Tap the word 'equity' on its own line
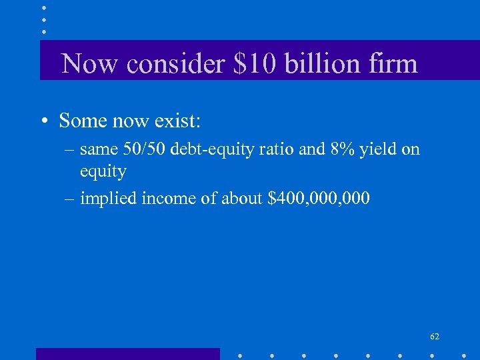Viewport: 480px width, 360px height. (x=103, y=173)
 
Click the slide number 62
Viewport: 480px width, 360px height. (x=435, y=337)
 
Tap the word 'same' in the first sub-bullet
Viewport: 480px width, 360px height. (x=97, y=150)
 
